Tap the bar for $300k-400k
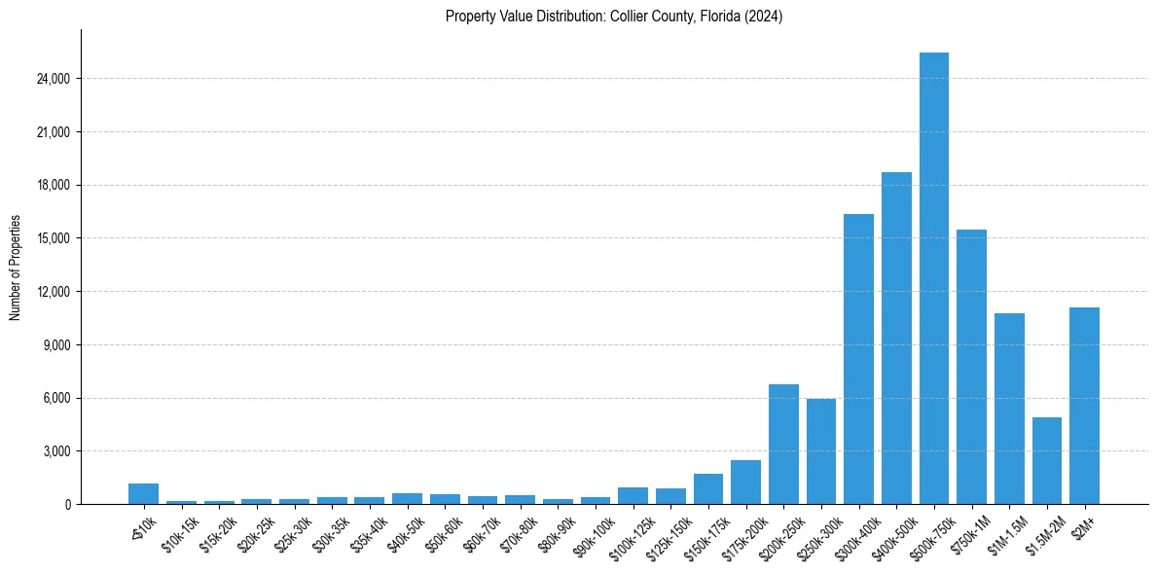[x=858, y=359]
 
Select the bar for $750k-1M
[x=971, y=367]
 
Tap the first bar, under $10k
[x=143, y=494]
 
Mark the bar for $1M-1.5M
[x=1009, y=409]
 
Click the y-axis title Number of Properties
[x=15, y=268]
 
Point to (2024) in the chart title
[x=765, y=17]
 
